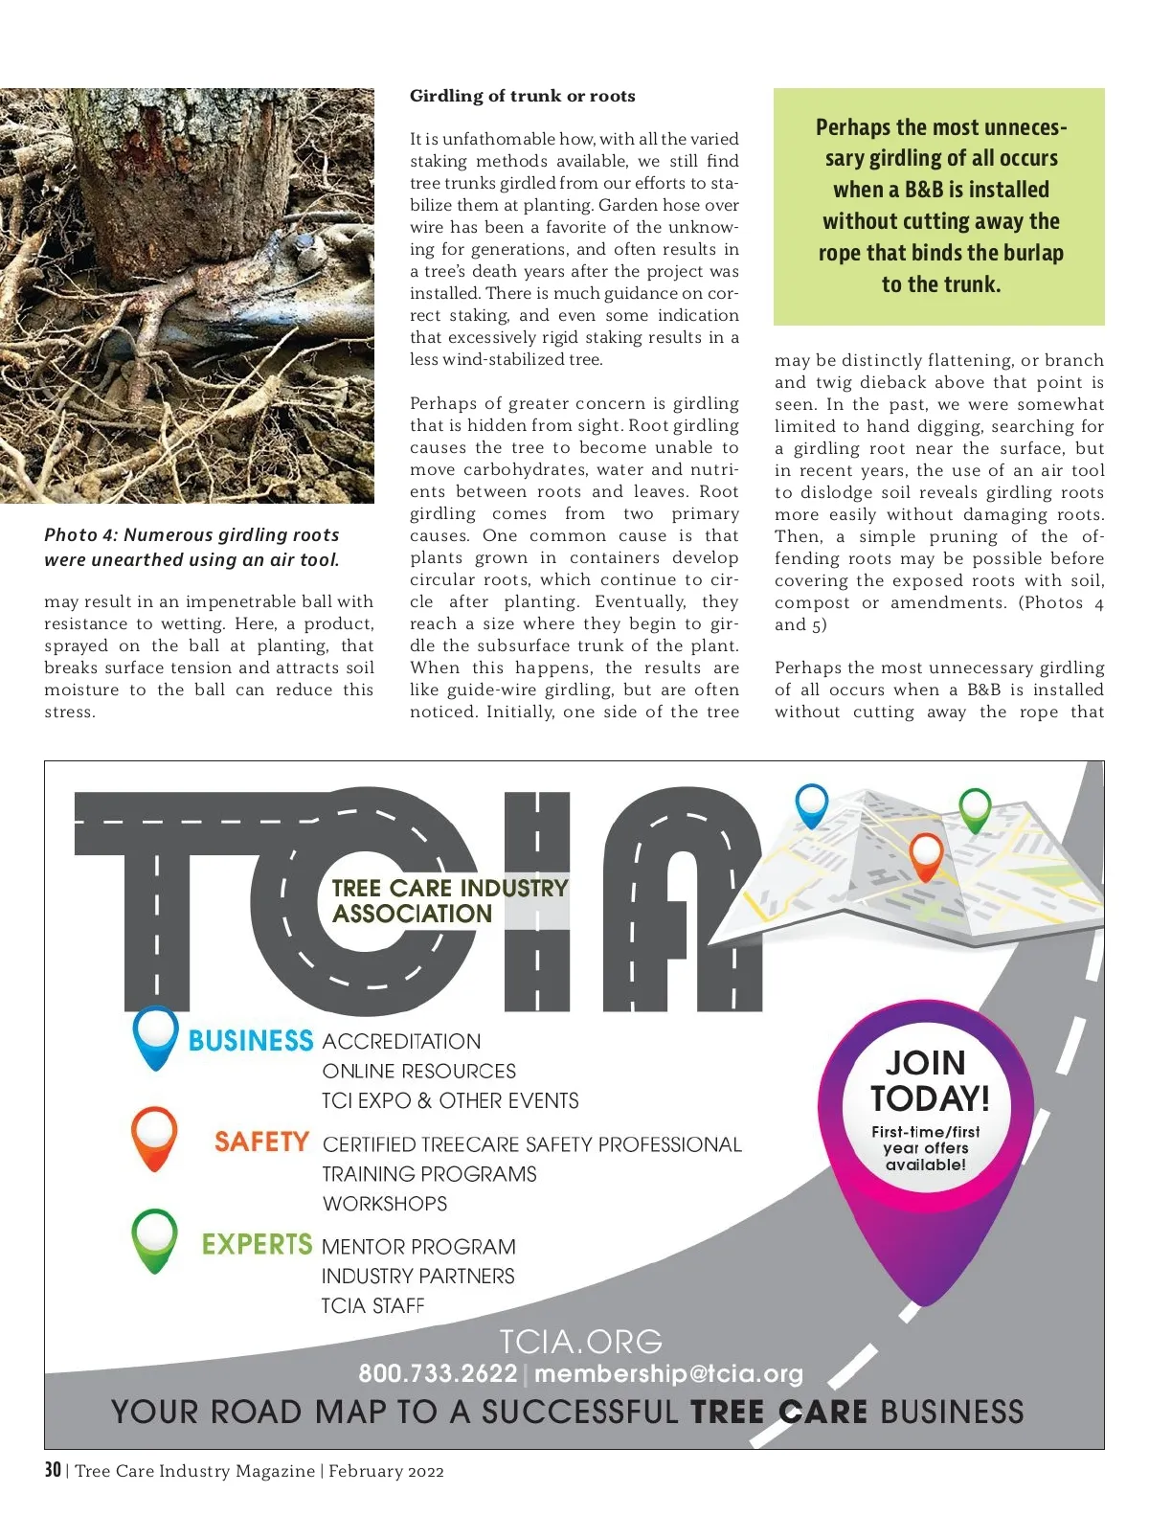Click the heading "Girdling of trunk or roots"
[522, 96]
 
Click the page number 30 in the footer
[53, 1470]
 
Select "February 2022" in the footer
[386, 1471]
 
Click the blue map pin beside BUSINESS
[155, 1035]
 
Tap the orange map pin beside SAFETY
[154, 1136]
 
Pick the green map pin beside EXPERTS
[154, 1238]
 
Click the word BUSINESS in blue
[251, 1041]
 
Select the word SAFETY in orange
[261, 1142]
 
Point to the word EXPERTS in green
[257, 1244]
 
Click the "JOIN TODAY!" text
[929, 1080]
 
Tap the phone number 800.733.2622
[438, 1373]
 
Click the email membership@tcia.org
[668, 1373]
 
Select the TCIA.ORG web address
[580, 1341]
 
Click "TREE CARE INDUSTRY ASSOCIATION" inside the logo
[449, 900]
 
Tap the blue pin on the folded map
[812, 803]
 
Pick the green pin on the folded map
[975, 808]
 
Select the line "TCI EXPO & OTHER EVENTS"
[450, 1100]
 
